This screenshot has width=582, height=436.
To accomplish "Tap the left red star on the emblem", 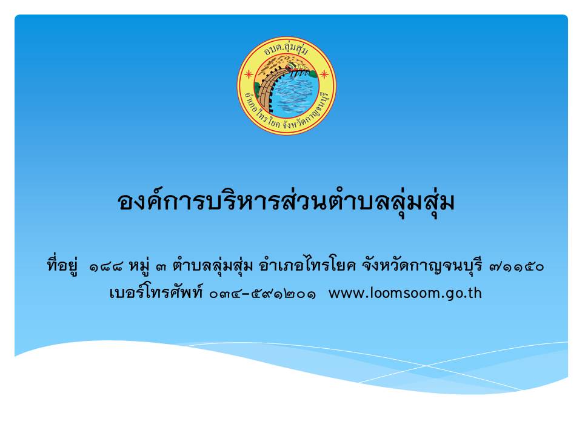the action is (x=248, y=74).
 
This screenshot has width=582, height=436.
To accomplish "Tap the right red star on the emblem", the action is (x=324, y=74).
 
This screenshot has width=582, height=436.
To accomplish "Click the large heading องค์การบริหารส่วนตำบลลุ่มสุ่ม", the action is (x=286, y=202).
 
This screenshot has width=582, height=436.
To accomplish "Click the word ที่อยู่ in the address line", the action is (x=62, y=265).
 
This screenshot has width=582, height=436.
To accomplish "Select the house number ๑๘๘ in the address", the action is (x=105, y=267).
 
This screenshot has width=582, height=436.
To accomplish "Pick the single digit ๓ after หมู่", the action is (x=161, y=267).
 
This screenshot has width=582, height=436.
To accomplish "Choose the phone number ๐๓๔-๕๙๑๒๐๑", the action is (x=263, y=294).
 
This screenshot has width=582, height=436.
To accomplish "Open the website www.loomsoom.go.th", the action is (x=405, y=293).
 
